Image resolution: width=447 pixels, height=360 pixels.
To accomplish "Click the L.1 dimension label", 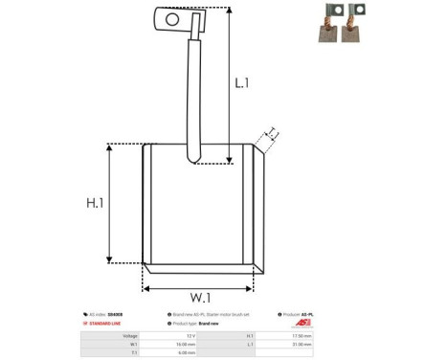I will [x=241, y=83].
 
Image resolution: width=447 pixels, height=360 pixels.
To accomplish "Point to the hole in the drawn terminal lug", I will [x=172, y=18].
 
